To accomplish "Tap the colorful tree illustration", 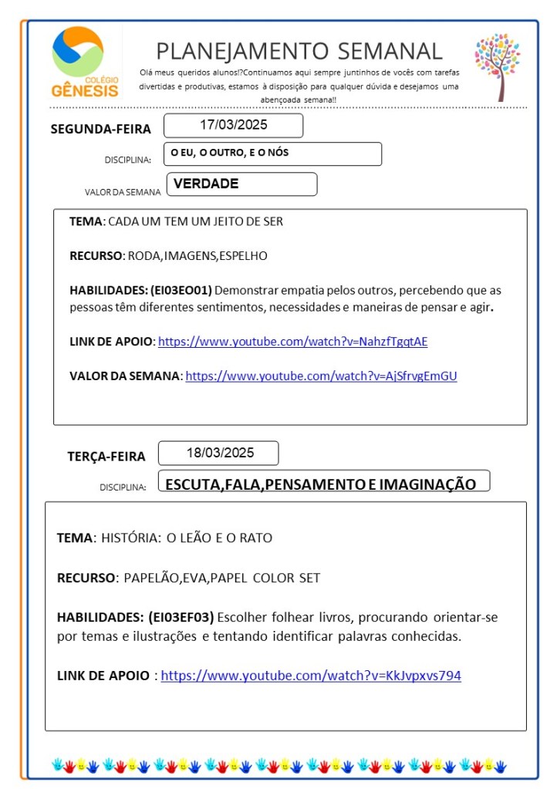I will coord(497,65).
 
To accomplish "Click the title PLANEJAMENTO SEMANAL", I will coord(299,51).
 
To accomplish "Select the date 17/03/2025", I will coord(233,125).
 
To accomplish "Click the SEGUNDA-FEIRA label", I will coord(101,129).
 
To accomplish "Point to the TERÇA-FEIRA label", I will coord(106,457).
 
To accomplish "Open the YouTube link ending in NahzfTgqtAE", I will coord(292,341).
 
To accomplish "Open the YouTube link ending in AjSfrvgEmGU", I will coord(321,376).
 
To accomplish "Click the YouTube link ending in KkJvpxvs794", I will coord(311,676).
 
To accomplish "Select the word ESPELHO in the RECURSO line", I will coord(245,256).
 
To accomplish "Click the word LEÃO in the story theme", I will coord(196,538).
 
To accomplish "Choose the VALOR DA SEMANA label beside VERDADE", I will coord(123,191).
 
